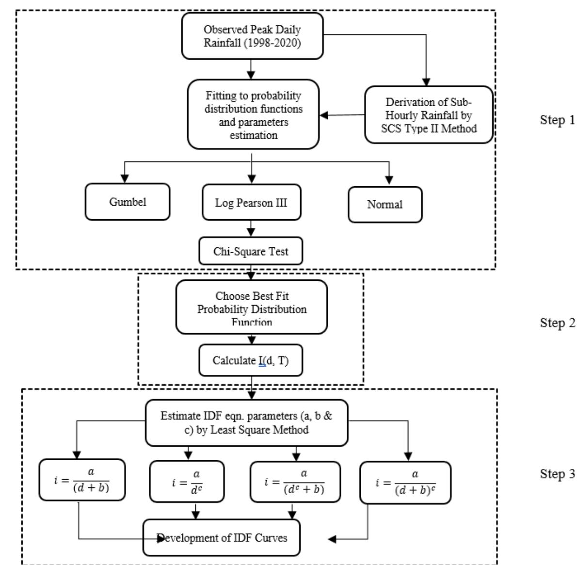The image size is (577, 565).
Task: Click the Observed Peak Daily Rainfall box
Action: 252,36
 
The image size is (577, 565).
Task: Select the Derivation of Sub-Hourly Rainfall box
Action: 429,115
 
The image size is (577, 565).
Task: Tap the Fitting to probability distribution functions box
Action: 253,114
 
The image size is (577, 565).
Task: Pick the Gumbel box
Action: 128,202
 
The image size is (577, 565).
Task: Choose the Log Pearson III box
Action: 251,202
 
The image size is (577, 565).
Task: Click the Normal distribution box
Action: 385,204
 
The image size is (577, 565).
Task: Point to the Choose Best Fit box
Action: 251,307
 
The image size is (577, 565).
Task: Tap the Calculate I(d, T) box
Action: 251,360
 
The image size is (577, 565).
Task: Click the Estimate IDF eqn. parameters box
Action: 246,423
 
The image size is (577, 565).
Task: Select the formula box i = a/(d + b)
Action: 81,480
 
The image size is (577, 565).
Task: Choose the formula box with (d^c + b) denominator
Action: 295,481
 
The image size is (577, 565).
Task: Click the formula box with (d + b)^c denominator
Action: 405,483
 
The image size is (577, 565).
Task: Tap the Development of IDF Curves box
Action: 222,538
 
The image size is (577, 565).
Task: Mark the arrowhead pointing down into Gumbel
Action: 125,179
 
